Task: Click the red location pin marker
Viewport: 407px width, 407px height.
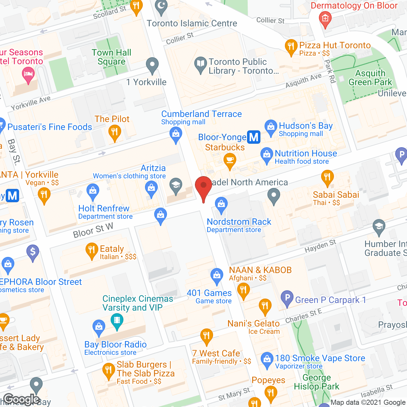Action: coord(203,187)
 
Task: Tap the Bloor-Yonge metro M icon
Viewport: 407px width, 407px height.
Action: coord(254,137)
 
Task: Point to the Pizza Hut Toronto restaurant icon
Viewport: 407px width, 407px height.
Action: coord(291,47)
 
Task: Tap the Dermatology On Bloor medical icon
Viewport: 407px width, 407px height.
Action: coord(325,19)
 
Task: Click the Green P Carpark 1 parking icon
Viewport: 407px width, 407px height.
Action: coord(287,298)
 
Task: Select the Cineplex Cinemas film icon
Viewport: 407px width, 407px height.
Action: coord(117,320)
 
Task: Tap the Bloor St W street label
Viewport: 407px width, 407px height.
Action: coord(93,231)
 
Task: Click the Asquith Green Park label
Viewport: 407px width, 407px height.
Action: coord(370,78)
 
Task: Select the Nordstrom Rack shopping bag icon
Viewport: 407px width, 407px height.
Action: coord(221,204)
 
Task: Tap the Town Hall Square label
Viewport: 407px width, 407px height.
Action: coord(111,57)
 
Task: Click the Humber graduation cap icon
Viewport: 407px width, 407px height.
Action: coord(379,226)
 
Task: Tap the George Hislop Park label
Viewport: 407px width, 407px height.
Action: coord(316,382)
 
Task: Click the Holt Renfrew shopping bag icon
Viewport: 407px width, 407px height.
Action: coord(93,191)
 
